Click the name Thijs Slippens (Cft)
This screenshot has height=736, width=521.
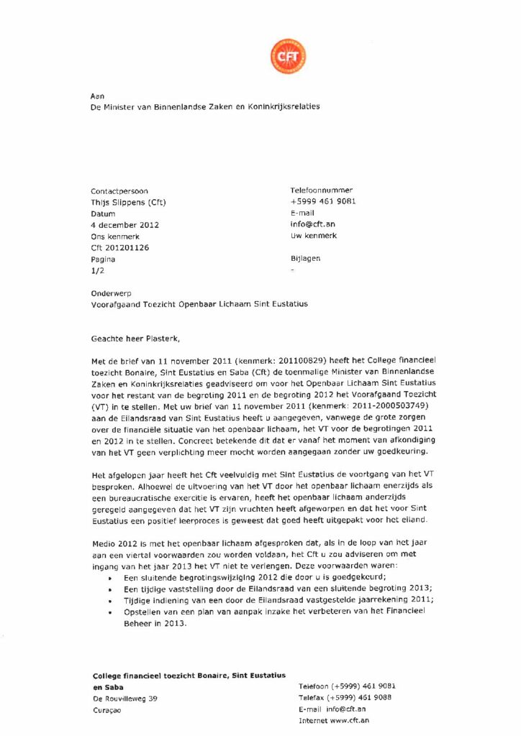[129, 202]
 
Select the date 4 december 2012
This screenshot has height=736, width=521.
[125, 225]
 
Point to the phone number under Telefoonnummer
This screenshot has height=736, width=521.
[323, 201]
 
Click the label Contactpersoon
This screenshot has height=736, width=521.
[119, 191]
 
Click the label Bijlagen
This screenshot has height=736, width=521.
[306, 258]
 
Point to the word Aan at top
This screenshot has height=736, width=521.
[97, 96]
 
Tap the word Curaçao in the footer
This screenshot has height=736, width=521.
[107, 710]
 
